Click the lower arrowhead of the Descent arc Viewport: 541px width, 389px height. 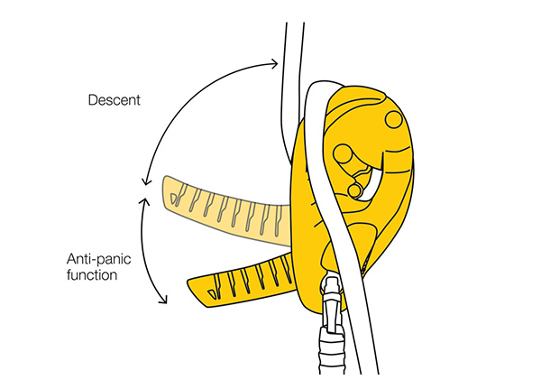pyautogui.click(x=142, y=180)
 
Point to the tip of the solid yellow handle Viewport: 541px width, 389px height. pyautogui.click(x=193, y=288)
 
